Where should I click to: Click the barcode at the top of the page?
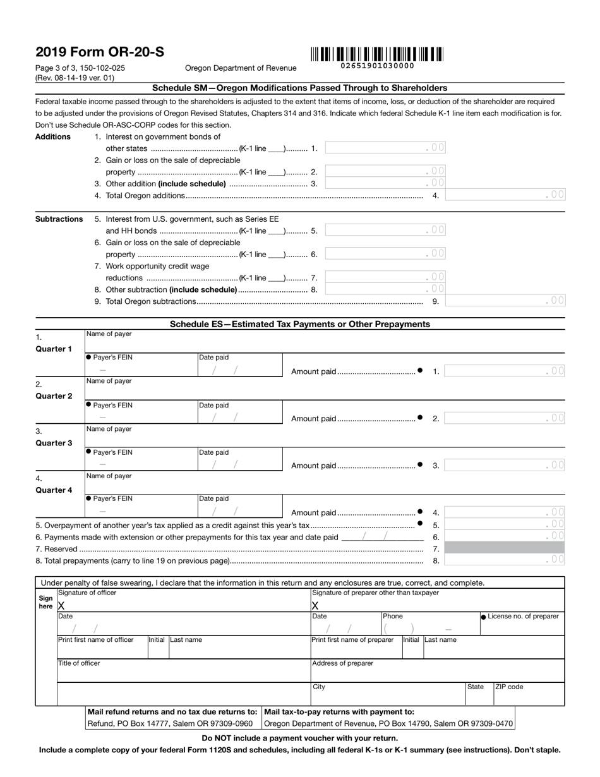coord(377,54)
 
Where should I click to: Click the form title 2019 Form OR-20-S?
coord(100,52)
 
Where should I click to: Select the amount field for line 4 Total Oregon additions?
coord(505,195)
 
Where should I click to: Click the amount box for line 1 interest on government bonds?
coord(385,148)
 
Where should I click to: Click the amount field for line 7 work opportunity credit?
coord(385,277)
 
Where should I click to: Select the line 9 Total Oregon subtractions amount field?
coord(505,301)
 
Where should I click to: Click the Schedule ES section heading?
coord(300,324)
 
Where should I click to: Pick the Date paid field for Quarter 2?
coord(239,412)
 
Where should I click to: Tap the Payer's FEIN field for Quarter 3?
coord(141,459)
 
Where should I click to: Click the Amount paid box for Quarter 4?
coord(505,512)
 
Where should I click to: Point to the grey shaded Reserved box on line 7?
coord(505,548)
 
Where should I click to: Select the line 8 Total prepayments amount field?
coord(505,560)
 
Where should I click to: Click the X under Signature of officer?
coord(61,605)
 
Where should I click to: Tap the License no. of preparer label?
coord(523,617)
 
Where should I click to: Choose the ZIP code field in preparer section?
coord(529,694)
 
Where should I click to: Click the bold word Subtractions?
coord(59,219)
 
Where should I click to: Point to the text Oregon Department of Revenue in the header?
coord(240,68)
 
